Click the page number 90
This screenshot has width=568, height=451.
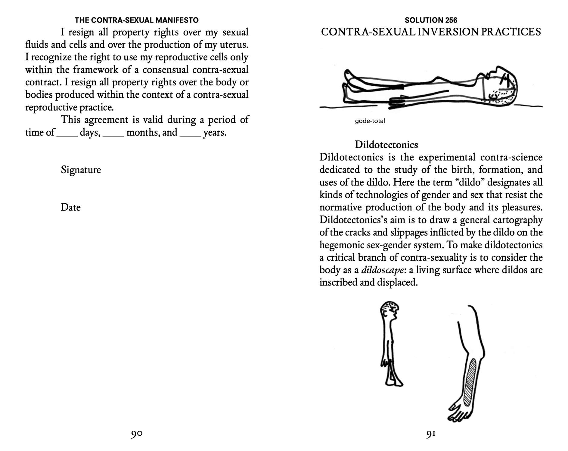coord(137,434)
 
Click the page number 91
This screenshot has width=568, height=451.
coord(431,434)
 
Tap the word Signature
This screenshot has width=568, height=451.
coord(81,170)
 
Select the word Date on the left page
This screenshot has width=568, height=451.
coord(70,207)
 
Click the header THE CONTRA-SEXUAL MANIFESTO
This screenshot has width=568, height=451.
coord(137,20)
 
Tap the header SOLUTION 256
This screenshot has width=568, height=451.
coord(431,20)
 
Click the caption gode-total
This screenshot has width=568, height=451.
coord(370,121)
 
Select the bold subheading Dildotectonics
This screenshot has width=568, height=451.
coord(386,145)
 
